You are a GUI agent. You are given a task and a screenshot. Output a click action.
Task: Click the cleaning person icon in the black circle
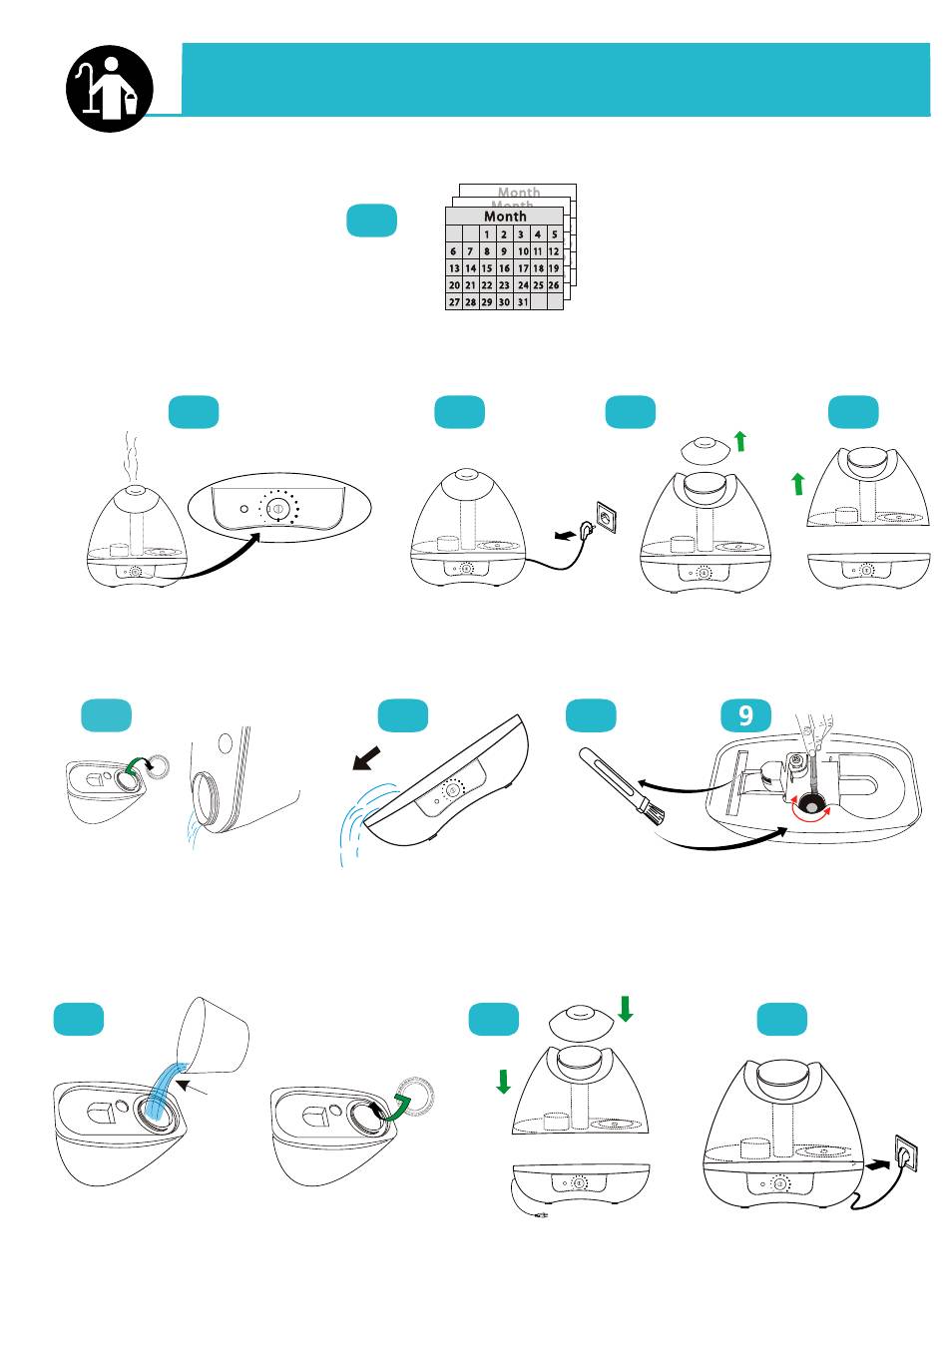pos(110,83)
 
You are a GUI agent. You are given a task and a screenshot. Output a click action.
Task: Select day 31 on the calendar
pos(521,301)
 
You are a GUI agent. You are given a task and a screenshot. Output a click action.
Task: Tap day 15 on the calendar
pos(487,268)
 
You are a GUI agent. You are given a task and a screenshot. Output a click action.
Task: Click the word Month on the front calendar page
pos(505,216)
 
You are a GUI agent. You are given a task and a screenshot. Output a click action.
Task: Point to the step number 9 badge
pos(745,715)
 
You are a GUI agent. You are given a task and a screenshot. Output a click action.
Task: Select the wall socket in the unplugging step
pos(607,517)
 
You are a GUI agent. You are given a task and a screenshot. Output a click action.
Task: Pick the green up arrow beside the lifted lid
pos(739,440)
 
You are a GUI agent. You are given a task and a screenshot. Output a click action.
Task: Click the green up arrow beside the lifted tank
pos(797,485)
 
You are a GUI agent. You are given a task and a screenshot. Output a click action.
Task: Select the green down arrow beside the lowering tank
pos(503,1081)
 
